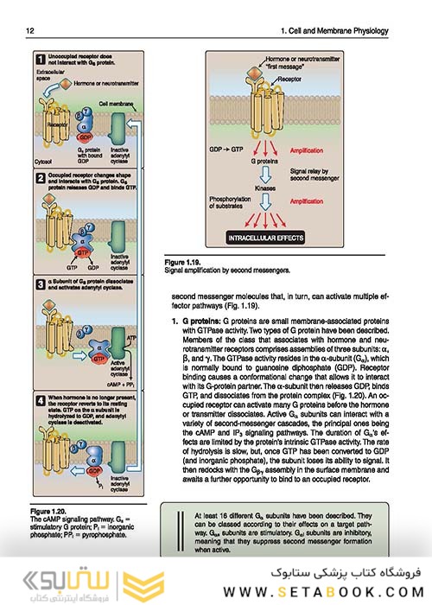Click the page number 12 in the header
tap(30, 32)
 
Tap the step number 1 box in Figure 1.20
tap(40, 60)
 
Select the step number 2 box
tap(40, 177)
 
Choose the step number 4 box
tap(40, 399)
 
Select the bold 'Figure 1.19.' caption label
tap(188, 260)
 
